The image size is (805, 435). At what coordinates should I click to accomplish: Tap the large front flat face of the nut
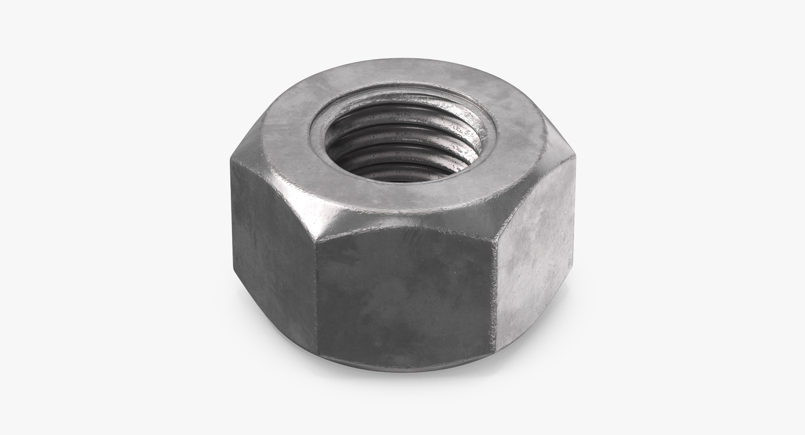pyautogui.click(x=405, y=293)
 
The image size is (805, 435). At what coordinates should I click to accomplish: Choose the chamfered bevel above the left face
pyautogui.click(x=268, y=176)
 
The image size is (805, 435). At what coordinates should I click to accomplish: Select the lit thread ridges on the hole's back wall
pyautogui.click(x=402, y=126)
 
